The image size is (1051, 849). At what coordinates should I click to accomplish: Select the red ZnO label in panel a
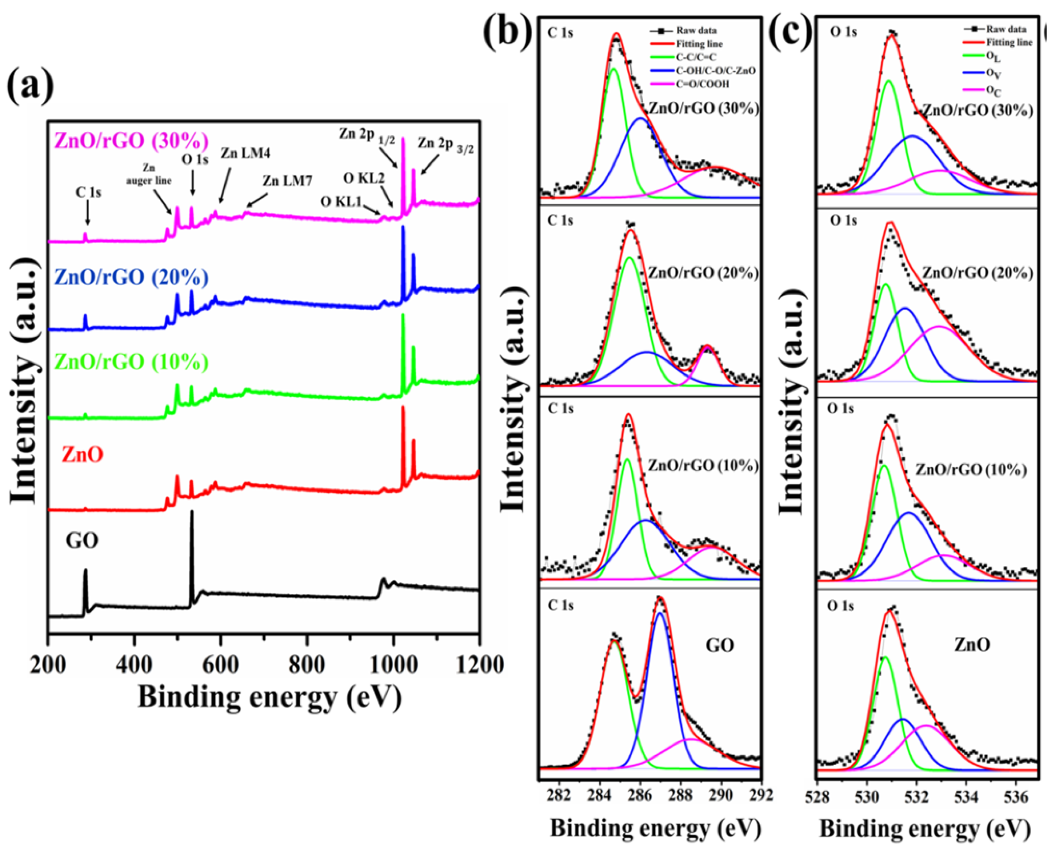tap(82, 455)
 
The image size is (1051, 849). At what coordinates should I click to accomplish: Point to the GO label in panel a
tap(82, 540)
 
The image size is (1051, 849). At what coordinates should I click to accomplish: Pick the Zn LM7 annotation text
tap(287, 181)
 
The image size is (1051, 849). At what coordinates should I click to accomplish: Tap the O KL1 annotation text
tap(340, 201)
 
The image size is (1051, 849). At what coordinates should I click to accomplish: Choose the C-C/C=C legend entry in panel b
tap(696, 57)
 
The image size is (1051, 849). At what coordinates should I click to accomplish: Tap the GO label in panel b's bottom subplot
tap(719, 645)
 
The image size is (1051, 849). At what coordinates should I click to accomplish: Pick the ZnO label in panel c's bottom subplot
tap(972, 645)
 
